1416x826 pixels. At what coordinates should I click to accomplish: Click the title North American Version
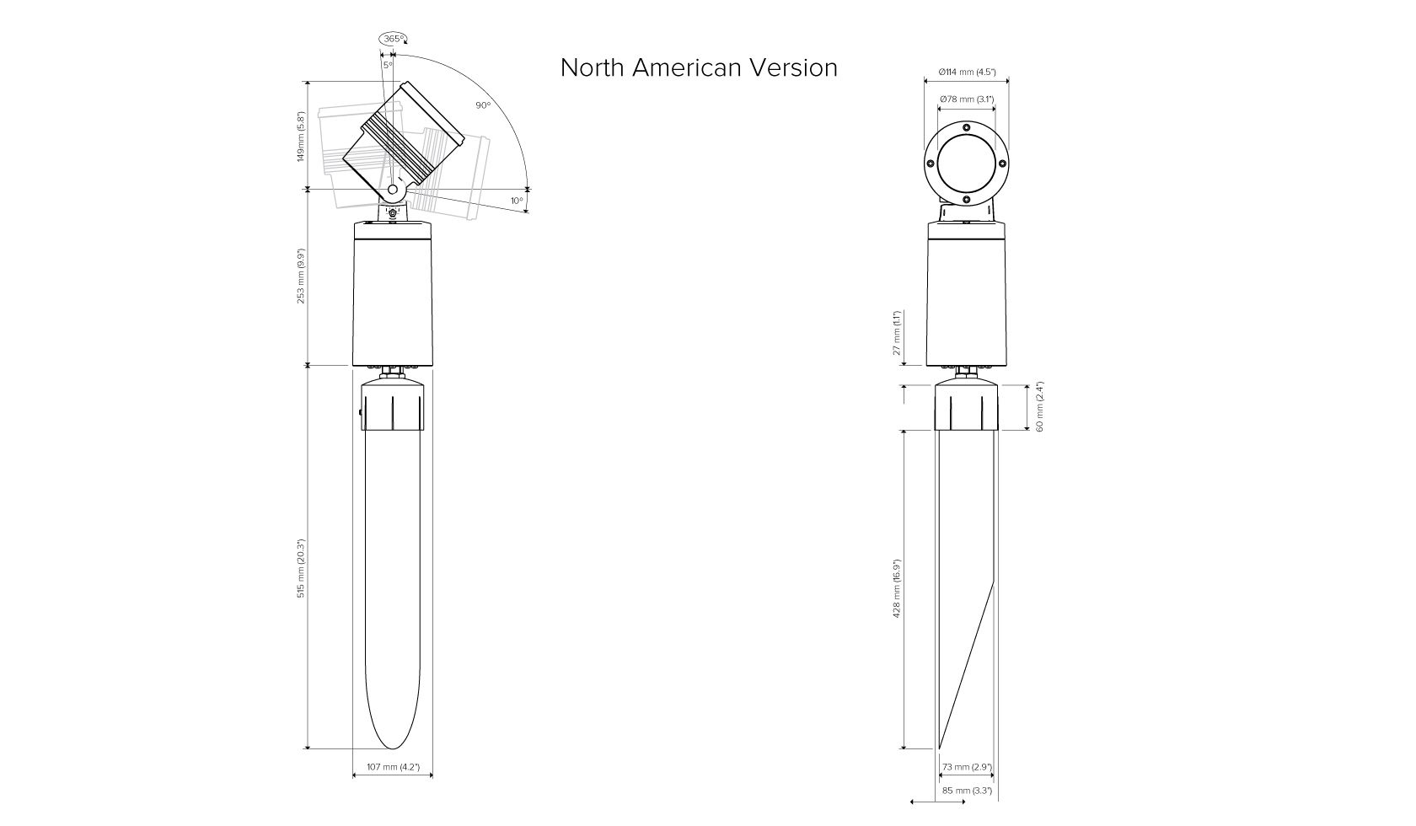(x=699, y=67)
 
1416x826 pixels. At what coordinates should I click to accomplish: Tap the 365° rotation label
(x=393, y=39)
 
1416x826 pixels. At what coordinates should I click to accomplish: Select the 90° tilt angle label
(x=483, y=105)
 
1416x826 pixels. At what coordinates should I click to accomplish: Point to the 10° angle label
(x=518, y=201)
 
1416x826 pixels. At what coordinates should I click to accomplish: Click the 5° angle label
(x=388, y=64)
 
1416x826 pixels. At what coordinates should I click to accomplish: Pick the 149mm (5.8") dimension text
(x=301, y=137)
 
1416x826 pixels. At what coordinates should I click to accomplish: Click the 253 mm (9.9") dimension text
(x=301, y=276)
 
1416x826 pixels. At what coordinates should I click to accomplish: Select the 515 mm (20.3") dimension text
(x=301, y=568)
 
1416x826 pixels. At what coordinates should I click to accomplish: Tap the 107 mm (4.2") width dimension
(x=393, y=767)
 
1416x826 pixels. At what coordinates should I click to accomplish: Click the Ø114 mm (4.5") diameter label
(x=968, y=72)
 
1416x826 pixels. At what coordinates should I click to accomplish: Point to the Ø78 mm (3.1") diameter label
(x=967, y=99)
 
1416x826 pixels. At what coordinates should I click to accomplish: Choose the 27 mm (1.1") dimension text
(x=897, y=333)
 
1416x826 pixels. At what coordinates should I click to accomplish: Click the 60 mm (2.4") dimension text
(x=1040, y=406)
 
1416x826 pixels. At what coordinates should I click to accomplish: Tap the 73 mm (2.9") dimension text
(x=968, y=767)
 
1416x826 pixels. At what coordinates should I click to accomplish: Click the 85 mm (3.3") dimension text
(x=968, y=791)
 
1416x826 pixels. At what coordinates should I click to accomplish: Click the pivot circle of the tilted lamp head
(x=393, y=189)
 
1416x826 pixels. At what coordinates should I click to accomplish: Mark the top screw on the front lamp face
(x=967, y=127)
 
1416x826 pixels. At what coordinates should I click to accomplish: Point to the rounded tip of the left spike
(x=393, y=748)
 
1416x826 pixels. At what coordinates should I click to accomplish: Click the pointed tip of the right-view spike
(x=939, y=748)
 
